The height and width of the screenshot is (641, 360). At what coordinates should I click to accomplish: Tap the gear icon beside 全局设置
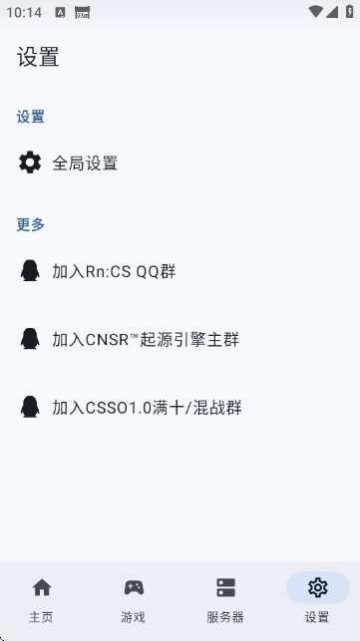[x=31, y=162]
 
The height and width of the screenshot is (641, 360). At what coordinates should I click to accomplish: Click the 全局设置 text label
[x=85, y=163]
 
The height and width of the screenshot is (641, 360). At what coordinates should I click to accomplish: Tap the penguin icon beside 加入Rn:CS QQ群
[x=31, y=270]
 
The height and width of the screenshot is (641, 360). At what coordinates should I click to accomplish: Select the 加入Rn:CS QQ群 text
[x=114, y=271]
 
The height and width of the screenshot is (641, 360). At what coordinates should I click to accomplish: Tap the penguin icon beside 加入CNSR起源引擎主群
[x=31, y=338]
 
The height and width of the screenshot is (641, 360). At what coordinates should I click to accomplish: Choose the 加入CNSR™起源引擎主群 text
[x=146, y=339]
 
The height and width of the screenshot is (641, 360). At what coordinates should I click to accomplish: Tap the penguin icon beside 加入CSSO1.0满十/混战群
[x=31, y=406]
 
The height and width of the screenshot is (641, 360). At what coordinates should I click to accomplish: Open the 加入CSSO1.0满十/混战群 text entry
[x=147, y=407]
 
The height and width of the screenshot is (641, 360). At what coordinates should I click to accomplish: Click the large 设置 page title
[x=38, y=58]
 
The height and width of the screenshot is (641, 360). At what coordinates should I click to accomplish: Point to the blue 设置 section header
[x=31, y=117]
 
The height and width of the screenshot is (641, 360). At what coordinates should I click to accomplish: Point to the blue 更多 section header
[x=31, y=224]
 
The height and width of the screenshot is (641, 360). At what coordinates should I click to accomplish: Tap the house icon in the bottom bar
[x=41, y=587]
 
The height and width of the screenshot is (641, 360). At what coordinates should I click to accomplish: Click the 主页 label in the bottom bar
[x=41, y=617]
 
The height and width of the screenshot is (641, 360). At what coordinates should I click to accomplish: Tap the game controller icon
[x=134, y=587]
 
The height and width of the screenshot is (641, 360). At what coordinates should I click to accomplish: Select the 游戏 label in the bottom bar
[x=134, y=617]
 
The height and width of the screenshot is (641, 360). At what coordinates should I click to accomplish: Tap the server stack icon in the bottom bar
[x=225, y=587]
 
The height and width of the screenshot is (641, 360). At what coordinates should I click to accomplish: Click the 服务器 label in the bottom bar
[x=225, y=617]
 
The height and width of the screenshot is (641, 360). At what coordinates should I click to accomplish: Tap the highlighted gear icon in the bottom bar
[x=318, y=587]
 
